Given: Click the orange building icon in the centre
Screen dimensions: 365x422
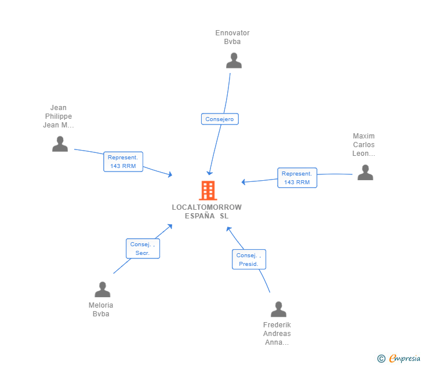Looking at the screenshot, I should pyautogui.click(x=208, y=190).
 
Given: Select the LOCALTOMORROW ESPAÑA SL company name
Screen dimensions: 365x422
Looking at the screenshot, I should pyautogui.click(x=207, y=211).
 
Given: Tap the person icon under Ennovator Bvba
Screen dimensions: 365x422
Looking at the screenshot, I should pyautogui.click(x=234, y=61).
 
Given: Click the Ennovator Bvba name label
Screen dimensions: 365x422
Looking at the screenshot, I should pyautogui.click(x=232, y=37).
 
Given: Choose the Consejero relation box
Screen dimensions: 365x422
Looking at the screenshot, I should pyautogui.click(x=220, y=119).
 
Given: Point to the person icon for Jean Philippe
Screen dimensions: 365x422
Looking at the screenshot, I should pyautogui.click(x=60, y=144).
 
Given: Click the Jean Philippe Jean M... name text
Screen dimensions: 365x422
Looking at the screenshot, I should pyautogui.click(x=59, y=116).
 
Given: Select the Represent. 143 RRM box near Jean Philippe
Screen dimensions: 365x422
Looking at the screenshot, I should pyautogui.click(x=123, y=162).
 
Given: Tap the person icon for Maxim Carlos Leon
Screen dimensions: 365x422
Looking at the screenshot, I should pyautogui.click(x=365, y=172).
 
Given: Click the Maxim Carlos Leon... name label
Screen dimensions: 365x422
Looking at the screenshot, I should pyautogui.click(x=364, y=145).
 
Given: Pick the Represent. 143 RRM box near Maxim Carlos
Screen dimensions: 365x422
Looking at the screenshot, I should pyautogui.click(x=297, y=178).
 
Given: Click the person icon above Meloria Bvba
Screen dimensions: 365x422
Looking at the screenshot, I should pyautogui.click(x=103, y=290).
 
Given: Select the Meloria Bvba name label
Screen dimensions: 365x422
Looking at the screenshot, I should pyautogui.click(x=101, y=309).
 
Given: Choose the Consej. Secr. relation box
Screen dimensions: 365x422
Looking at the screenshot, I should pyautogui.click(x=143, y=249).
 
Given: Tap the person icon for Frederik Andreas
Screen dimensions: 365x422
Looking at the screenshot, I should pyautogui.click(x=278, y=309).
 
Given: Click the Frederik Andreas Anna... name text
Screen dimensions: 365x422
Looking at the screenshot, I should pyautogui.click(x=277, y=334).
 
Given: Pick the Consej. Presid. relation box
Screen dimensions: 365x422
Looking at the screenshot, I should pyautogui.click(x=249, y=260).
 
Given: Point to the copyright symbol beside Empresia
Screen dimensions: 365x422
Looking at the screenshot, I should pyautogui.click(x=381, y=359).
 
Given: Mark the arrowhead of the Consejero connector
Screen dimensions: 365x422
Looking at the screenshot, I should pyautogui.click(x=209, y=173).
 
